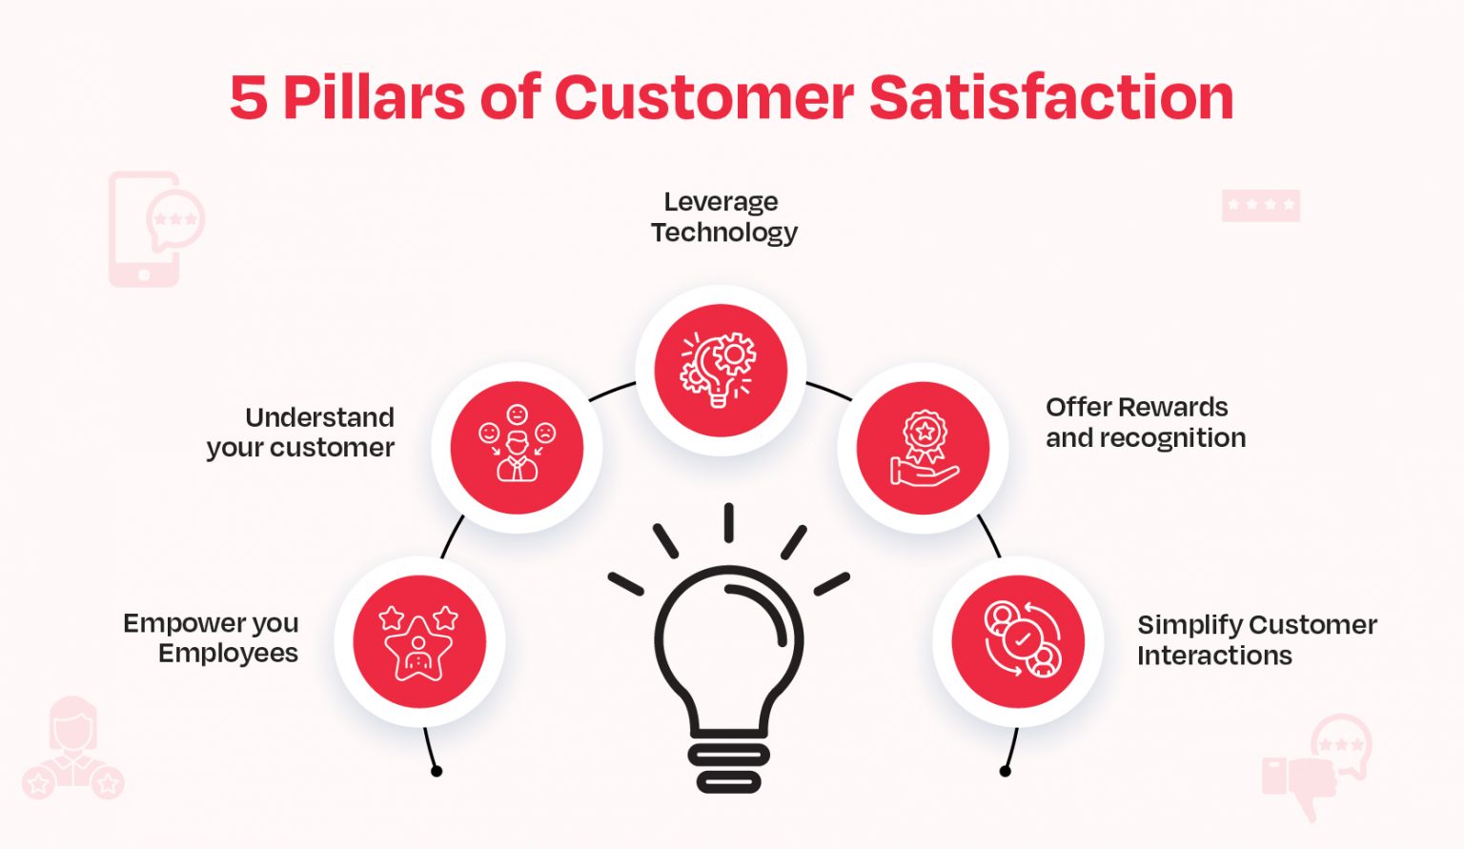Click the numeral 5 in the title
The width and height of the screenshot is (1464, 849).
248,98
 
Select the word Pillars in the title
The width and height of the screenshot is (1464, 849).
373,98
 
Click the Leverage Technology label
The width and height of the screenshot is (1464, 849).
723,217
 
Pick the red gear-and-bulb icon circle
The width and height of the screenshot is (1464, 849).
721,370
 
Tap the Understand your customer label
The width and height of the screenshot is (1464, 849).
301,433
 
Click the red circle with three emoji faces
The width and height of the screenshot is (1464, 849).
517,448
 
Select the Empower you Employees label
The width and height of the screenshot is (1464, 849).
213,638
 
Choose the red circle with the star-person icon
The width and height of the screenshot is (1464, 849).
419,641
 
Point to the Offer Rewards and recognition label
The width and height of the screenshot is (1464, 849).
1145,422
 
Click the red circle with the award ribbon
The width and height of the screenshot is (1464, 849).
923,448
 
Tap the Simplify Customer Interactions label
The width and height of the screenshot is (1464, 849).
1256,640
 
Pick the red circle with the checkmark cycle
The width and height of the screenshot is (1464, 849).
1018,641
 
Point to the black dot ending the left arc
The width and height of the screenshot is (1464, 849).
437,771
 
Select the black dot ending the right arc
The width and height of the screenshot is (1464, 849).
1005,771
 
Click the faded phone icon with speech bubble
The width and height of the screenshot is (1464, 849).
152,230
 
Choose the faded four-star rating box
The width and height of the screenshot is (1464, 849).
1260,205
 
